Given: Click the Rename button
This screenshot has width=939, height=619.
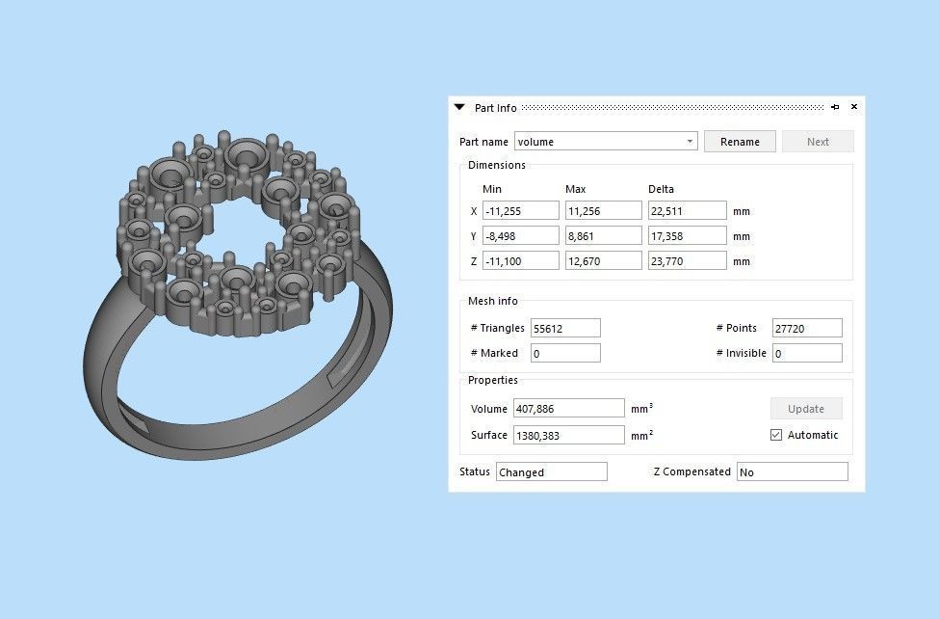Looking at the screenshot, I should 740,142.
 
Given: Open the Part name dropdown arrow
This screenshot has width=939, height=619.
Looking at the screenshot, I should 690,142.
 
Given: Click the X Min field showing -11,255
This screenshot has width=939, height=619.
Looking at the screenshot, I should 520,211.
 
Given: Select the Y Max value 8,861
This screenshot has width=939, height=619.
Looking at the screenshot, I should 603,236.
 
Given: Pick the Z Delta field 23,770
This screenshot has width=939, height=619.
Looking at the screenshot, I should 687,261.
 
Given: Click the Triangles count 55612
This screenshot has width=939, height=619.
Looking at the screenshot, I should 564,329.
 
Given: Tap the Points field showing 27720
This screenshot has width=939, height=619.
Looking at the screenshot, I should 806,329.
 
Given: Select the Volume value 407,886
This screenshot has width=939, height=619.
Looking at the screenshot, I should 569,409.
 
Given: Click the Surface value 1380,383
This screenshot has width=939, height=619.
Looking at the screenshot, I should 569,436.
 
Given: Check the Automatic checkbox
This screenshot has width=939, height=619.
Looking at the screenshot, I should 776,435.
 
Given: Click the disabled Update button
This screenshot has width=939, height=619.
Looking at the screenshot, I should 806,409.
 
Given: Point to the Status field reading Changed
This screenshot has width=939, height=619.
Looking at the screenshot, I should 551,472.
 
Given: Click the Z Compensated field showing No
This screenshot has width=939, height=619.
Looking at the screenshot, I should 792,472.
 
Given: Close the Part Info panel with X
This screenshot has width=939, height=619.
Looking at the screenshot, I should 853,107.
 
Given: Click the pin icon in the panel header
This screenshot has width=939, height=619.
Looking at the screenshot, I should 835,107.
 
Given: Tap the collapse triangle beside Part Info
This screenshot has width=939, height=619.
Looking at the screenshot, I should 459,108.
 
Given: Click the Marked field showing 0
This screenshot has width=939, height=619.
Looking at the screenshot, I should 564,354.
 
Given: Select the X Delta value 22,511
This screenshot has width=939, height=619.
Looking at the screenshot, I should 687,211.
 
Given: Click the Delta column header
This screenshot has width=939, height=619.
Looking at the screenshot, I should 661,189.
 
